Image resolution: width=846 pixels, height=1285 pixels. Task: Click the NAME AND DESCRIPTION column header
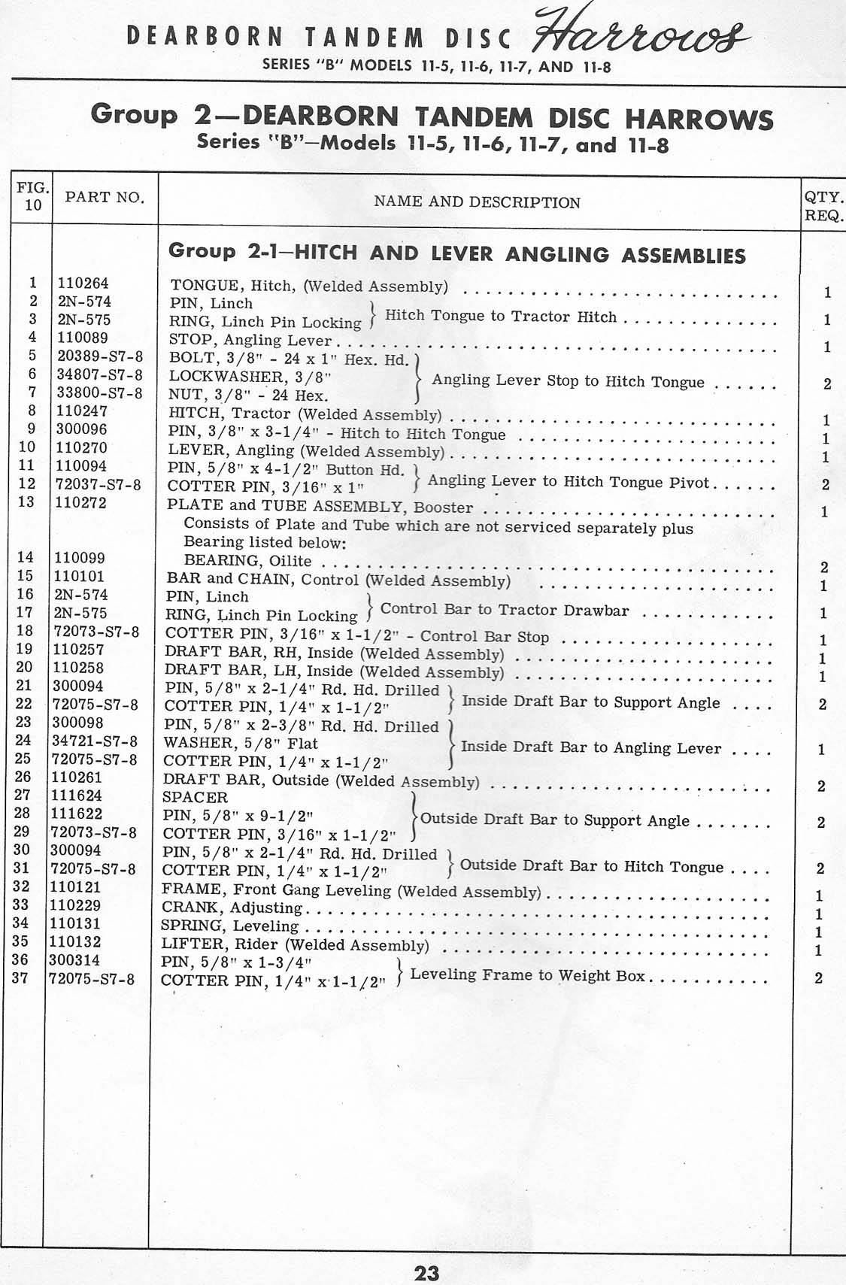[477, 202]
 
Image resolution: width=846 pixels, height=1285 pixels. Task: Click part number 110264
[83, 283]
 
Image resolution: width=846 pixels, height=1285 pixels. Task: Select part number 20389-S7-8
[100, 356]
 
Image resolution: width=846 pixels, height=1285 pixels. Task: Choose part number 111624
[77, 796]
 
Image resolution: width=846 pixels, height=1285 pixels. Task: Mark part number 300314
[74, 960]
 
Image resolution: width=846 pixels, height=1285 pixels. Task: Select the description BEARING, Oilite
[247, 561]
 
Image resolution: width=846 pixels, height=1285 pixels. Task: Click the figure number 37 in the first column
[20, 978]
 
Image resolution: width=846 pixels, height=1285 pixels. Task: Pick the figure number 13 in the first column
[26, 502]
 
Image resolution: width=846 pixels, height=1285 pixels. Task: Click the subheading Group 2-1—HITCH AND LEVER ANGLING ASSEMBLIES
[457, 253]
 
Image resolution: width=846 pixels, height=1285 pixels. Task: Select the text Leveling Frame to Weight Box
[527, 975]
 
